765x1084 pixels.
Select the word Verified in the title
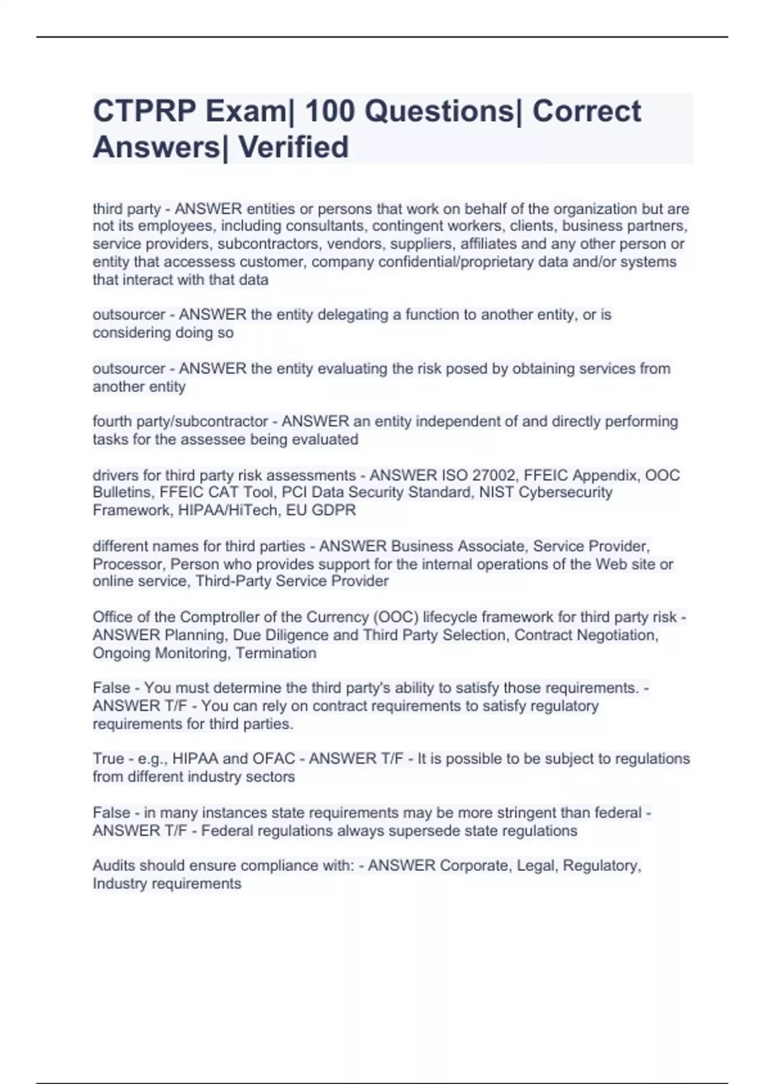pos(293,147)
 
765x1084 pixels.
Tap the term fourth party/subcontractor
pos(180,422)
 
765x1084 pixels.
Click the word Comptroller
pos(222,617)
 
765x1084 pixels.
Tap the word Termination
pos(276,654)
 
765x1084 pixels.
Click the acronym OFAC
pos(273,759)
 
